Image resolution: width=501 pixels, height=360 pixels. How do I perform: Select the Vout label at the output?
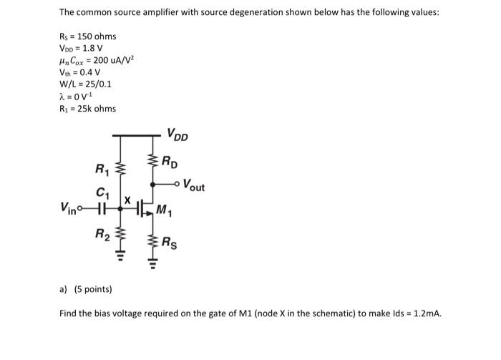pos(193,187)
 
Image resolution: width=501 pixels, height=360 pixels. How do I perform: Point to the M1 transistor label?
pos(166,210)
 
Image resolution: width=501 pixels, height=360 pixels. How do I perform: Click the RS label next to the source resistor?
pos(170,241)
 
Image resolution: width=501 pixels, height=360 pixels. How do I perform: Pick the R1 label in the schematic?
pos(102,169)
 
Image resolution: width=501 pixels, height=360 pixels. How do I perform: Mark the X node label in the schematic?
pos(127,201)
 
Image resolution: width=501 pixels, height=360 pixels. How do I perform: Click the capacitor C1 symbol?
pos(101,208)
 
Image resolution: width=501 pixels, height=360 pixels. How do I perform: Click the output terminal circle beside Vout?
pos(177,184)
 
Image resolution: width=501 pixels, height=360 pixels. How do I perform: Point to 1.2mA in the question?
pos(426,313)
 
